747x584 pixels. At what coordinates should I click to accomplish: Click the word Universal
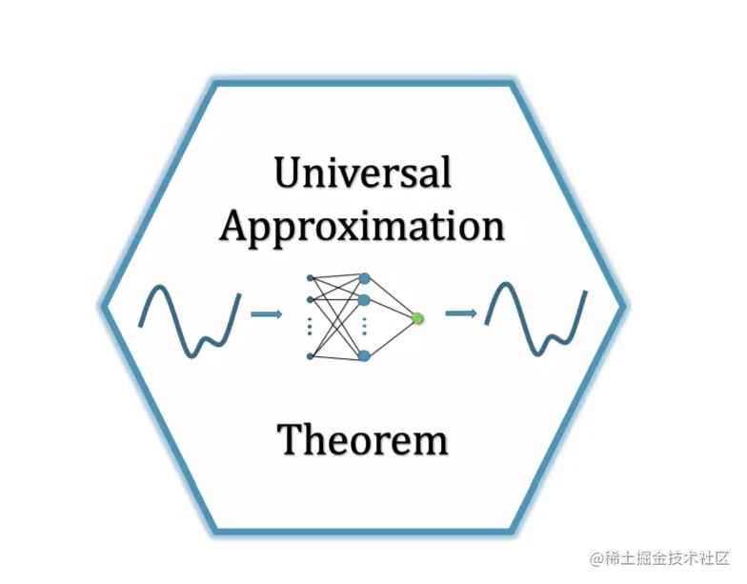[362, 173]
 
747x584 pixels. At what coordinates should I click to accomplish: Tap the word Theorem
[362, 440]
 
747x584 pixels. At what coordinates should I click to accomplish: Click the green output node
[416, 317]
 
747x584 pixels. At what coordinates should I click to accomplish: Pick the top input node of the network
[311, 277]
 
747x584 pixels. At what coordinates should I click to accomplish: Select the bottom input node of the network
[311, 356]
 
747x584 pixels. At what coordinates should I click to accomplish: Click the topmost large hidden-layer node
[364, 278]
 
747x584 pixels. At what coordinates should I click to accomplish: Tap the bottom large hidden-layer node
[364, 355]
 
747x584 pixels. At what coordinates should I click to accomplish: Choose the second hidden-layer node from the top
[364, 300]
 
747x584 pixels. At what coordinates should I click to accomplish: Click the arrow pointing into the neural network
[266, 312]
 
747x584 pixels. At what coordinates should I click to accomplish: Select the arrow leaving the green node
[461, 312]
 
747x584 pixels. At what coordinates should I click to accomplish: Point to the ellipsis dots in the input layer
[311, 328]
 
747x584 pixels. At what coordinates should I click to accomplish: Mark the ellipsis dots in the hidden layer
[364, 328]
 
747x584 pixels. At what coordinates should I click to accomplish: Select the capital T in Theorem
[292, 440]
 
